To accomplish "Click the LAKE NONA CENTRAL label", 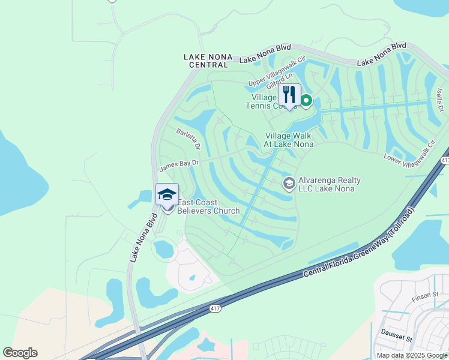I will [208, 61].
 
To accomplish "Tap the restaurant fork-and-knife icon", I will [289, 95].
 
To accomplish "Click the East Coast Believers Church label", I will [208, 207].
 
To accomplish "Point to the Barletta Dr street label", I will [187, 138].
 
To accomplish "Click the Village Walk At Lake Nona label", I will [289, 140].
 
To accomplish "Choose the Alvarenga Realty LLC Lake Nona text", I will [330, 184].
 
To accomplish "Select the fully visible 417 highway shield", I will [214, 308].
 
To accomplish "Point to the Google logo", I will [20, 353].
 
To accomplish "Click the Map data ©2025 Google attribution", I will [412, 355].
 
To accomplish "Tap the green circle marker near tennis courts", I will [306, 100].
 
